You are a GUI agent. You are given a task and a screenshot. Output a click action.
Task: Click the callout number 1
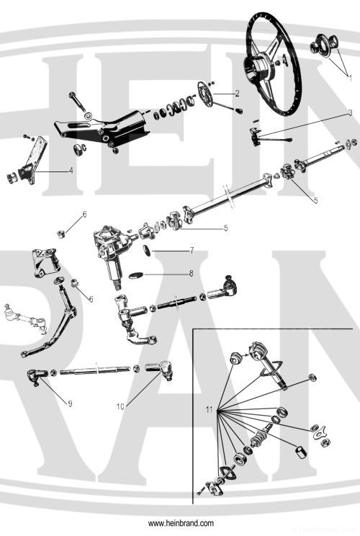coord(350,79)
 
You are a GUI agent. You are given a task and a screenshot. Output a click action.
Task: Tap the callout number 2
coord(238,93)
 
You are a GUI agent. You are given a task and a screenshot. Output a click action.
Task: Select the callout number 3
coord(350,112)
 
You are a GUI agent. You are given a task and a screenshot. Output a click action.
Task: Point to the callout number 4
coord(71,170)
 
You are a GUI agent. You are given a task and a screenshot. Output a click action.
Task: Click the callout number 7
coord(192,251)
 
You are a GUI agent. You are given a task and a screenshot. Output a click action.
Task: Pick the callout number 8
coord(192,274)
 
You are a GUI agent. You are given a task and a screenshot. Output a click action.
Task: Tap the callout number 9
coord(70,403)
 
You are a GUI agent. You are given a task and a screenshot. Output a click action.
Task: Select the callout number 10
coord(120,406)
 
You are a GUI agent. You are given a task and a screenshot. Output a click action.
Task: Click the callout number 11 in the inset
coord(209,409)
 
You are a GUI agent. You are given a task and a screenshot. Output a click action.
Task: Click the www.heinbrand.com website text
coord(181,523)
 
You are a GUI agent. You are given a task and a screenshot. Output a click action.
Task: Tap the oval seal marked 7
coord(147,250)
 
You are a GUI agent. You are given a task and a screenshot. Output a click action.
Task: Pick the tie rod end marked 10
coord(160,369)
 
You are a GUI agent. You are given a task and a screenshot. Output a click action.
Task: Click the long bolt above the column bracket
coord(77,101)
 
